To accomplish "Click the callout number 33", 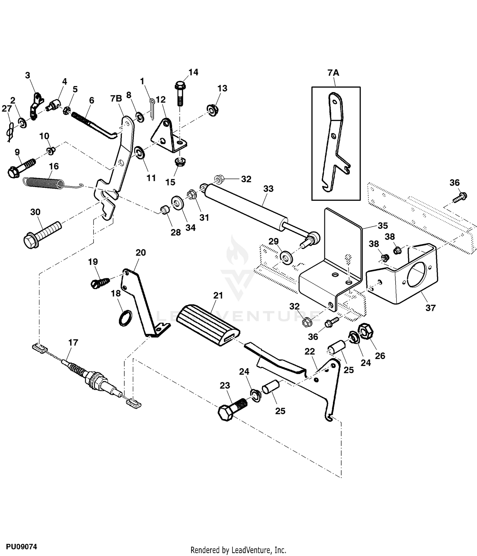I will point(268,189).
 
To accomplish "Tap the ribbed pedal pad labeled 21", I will point(207,322).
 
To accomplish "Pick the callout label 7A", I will point(333,73).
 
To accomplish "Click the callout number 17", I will point(73,342).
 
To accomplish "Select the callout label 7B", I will point(116,98).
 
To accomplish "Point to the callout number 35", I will point(383,226).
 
